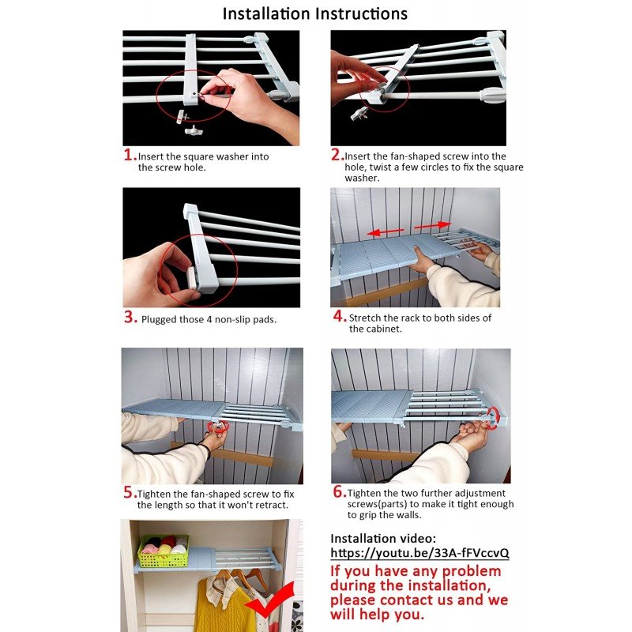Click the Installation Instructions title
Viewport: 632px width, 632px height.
[x=314, y=13]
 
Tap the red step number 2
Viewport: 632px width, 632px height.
[x=337, y=154]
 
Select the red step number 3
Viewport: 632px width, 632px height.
[x=131, y=318]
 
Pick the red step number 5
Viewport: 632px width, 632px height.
[x=130, y=492]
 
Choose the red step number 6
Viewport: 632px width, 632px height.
[x=340, y=491]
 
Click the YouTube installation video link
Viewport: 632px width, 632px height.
[x=419, y=552]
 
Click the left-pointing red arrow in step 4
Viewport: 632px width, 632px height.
[x=386, y=231]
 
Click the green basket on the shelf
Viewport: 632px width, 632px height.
[x=164, y=551]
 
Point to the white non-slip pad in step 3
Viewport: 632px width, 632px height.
[x=192, y=277]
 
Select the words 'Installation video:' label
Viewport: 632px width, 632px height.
[x=383, y=539]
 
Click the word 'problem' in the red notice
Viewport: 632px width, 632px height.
[x=471, y=572]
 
